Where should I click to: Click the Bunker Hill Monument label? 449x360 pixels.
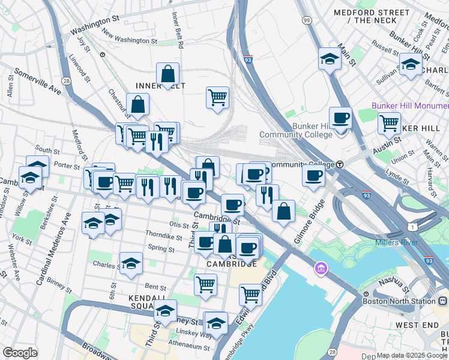[410, 106]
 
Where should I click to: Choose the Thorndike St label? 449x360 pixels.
[164, 237]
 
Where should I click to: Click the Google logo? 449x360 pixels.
[20, 353]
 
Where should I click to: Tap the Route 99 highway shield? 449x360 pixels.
[307, 20]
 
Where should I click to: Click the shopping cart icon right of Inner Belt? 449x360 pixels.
[217, 97]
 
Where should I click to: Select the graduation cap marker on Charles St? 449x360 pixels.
[130, 263]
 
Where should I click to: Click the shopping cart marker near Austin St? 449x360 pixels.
[389, 123]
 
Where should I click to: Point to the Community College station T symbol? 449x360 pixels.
[340, 164]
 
